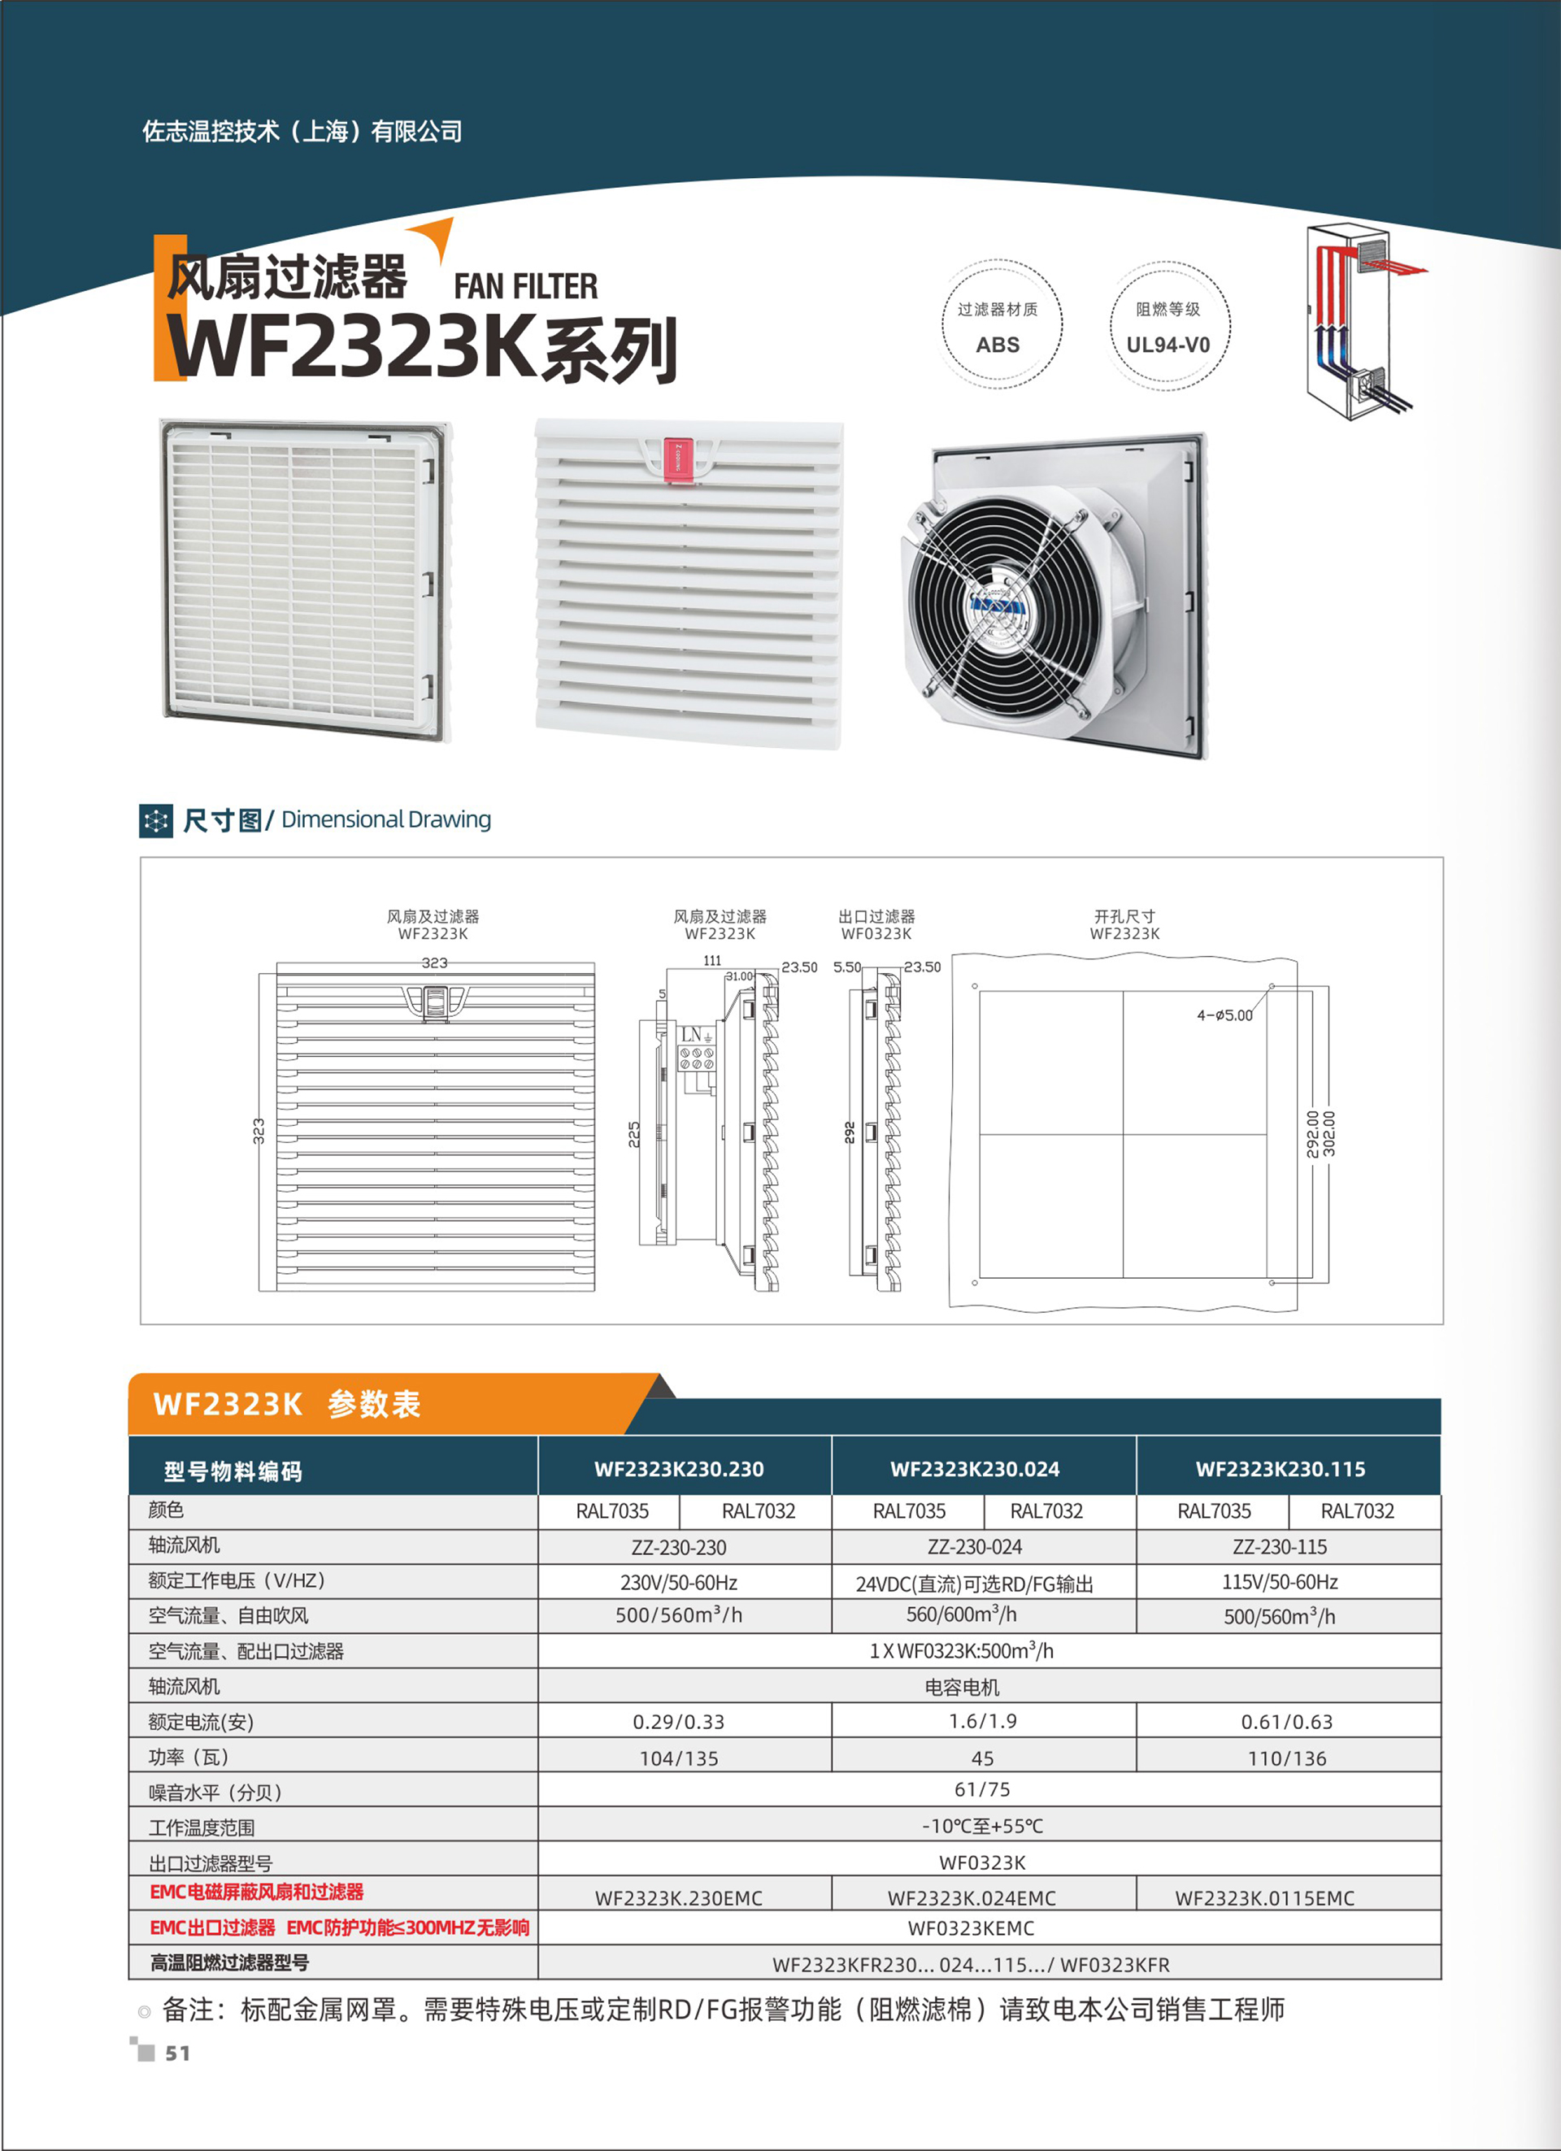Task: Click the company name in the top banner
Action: [302, 132]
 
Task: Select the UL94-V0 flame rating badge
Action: [1168, 324]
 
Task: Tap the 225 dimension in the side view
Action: [634, 1134]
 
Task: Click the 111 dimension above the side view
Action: [712, 961]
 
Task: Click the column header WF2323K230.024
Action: [975, 1469]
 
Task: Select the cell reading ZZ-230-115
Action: [1280, 1547]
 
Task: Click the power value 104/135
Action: [679, 1758]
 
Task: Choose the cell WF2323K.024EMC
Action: [972, 1897]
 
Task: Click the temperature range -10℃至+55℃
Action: [982, 1826]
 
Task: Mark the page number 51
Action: [177, 2053]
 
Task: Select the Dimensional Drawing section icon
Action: [155, 820]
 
